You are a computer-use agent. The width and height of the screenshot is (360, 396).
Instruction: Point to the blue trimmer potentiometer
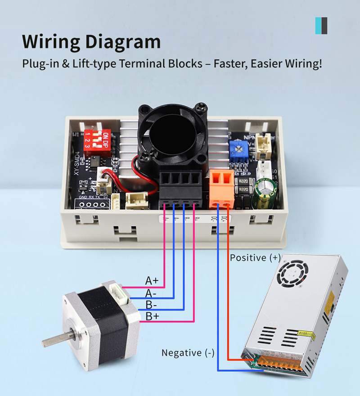(x=235, y=147)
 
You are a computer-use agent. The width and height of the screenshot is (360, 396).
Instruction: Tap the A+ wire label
(x=152, y=281)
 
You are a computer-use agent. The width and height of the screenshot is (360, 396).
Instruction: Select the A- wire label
(x=151, y=293)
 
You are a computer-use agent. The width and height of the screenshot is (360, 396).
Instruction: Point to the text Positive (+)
(x=255, y=258)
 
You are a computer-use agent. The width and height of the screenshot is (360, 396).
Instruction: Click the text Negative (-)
(x=188, y=353)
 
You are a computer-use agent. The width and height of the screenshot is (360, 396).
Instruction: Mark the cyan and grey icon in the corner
(x=321, y=26)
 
